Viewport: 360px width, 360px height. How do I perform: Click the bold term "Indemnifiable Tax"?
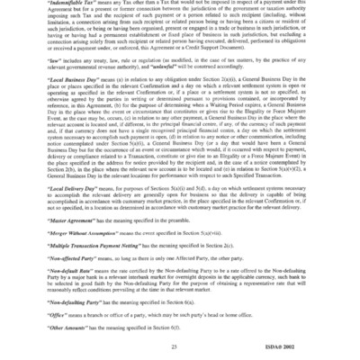[76, 4]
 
